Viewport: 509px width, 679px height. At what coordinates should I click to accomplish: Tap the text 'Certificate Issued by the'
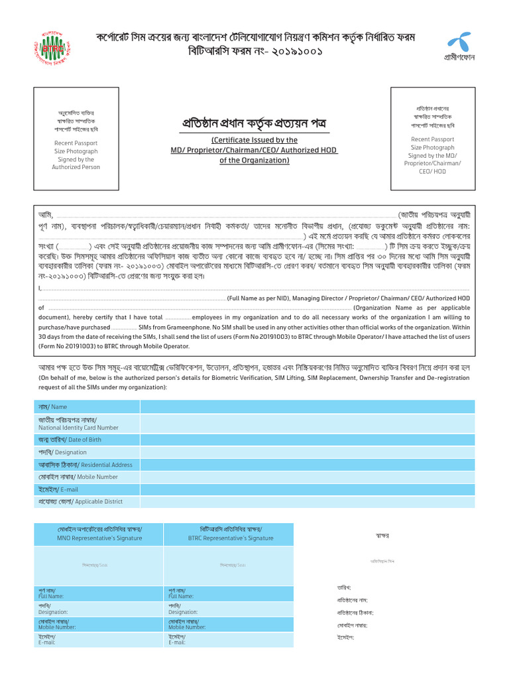pyautogui.click(x=254, y=140)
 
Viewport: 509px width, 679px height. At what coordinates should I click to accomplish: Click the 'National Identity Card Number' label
pyautogui.click(x=78, y=428)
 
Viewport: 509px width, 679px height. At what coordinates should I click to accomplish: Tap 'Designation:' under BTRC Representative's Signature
pyautogui.click(x=183, y=612)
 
